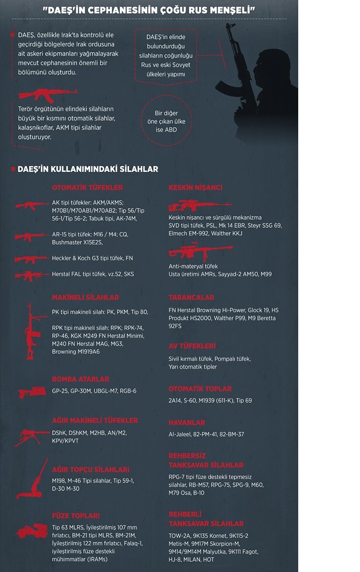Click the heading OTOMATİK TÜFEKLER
[87, 187]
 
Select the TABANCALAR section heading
[191, 297]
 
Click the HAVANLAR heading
[186, 423]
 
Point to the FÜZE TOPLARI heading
[76, 516]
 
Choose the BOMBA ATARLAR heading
[81, 379]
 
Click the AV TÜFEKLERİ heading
[192, 346]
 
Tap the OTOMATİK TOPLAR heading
[200, 388]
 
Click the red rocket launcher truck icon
[32, 531]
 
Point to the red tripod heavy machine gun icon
[32, 437]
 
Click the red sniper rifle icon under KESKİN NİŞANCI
[192, 206]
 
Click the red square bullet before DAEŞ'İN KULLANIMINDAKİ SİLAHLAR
[13, 169]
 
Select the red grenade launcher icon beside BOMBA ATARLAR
[32, 392]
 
